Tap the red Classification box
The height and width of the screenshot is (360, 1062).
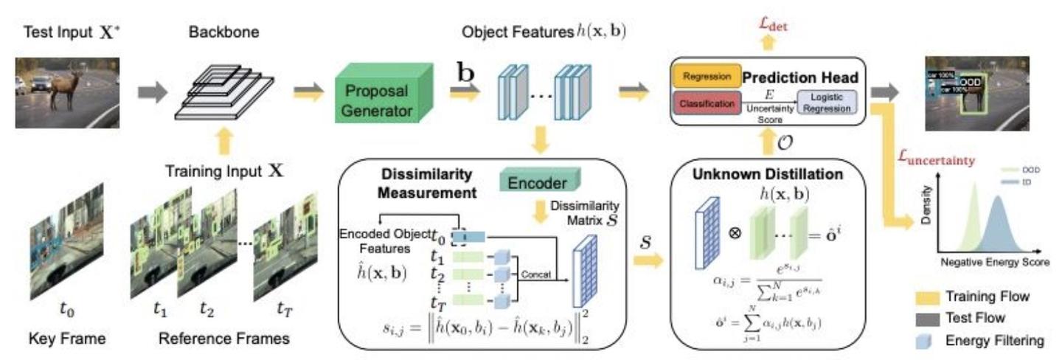704,105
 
